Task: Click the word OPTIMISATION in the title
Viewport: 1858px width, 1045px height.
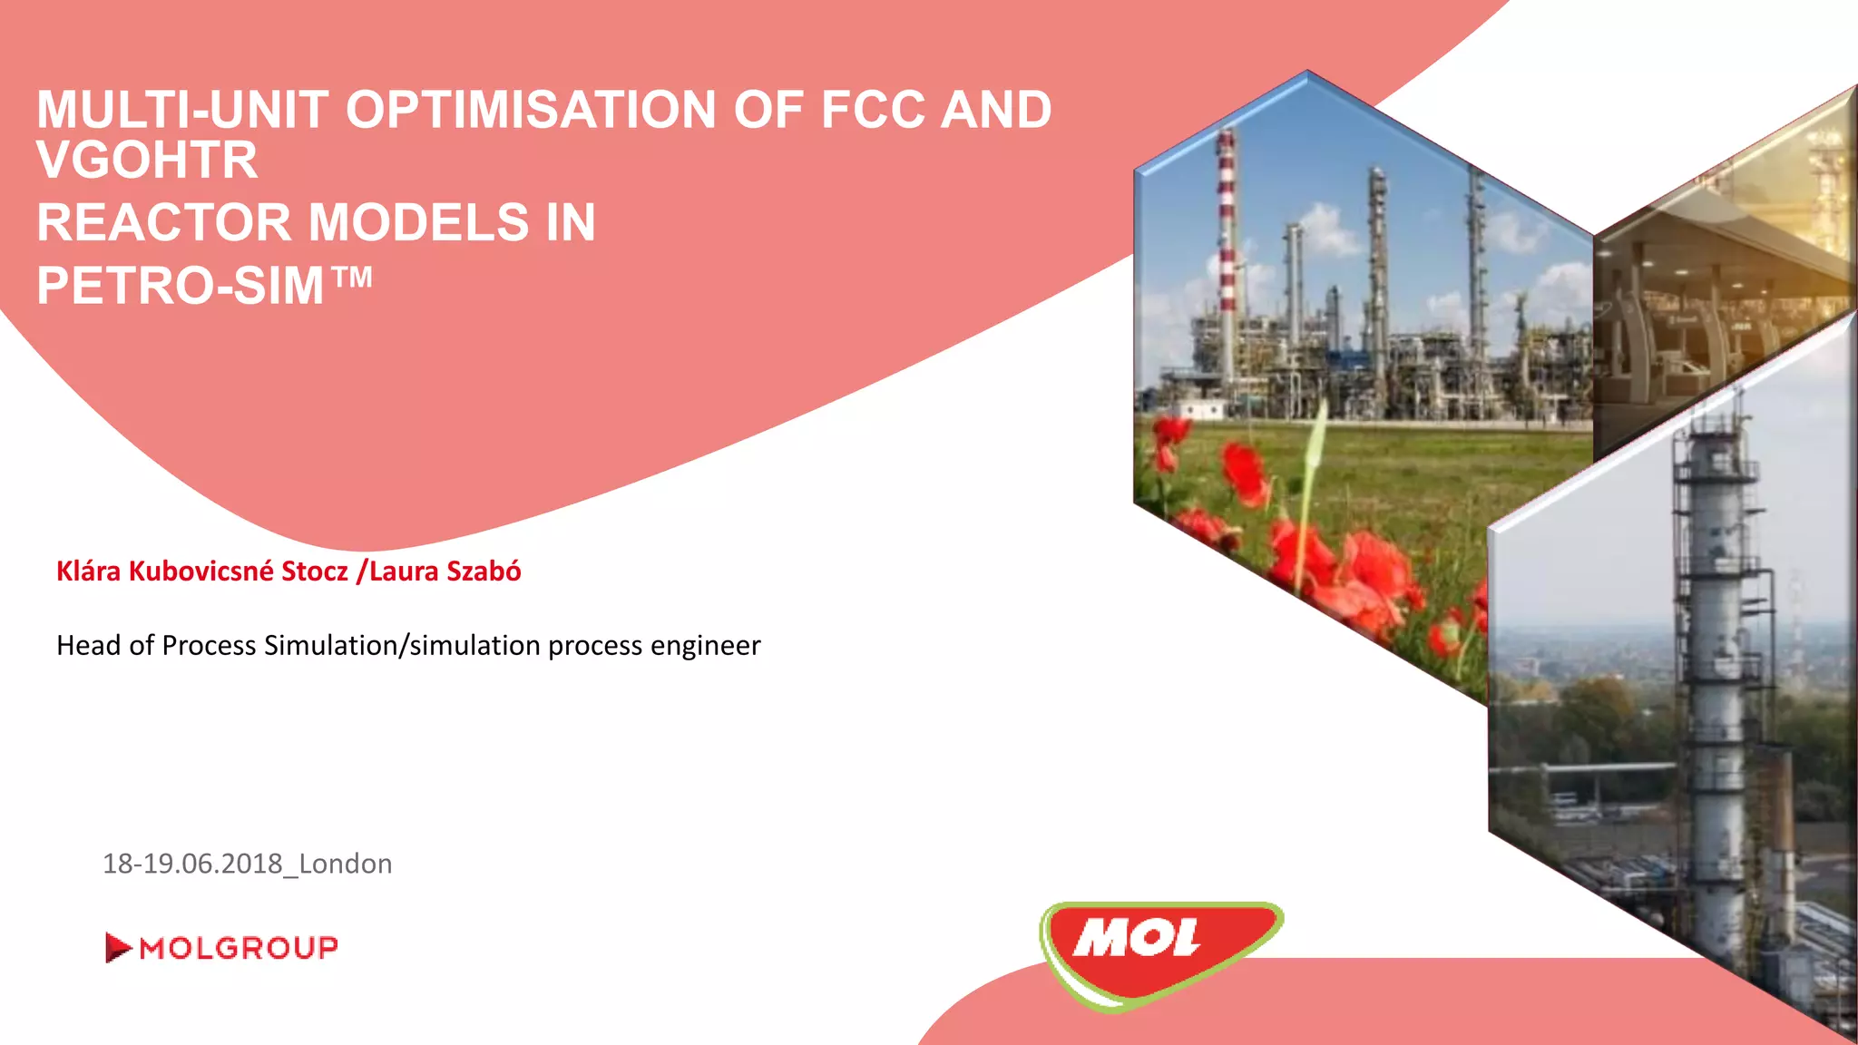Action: click(x=531, y=111)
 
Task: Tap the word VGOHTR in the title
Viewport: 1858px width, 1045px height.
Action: click(x=147, y=161)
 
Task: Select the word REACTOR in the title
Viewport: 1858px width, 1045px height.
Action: click(x=163, y=223)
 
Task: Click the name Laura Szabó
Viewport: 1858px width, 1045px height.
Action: click(x=445, y=571)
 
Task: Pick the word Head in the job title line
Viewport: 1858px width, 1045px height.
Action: click(x=88, y=646)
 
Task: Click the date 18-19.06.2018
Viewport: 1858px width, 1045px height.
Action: click(x=192, y=864)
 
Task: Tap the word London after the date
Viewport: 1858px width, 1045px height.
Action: click(x=346, y=864)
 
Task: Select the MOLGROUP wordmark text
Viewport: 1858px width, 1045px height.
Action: click(x=239, y=948)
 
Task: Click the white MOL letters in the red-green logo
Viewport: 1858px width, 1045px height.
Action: click(x=1137, y=939)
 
